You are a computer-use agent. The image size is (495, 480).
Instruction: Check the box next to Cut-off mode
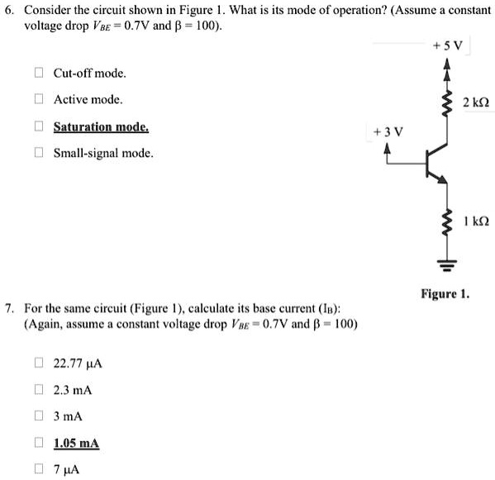(37, 73)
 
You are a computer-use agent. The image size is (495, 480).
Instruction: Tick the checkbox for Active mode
(37, 100)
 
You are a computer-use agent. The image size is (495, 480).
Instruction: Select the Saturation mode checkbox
(37, 127)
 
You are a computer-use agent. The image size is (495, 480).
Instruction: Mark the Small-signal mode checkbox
(37, 154)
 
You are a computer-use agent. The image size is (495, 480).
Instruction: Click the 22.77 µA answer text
(77, 363)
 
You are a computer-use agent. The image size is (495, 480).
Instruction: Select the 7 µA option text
(68, 470)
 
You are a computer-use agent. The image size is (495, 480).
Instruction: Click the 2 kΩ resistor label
(476, 102)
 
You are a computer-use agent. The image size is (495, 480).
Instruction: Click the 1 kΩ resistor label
(476, 221)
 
